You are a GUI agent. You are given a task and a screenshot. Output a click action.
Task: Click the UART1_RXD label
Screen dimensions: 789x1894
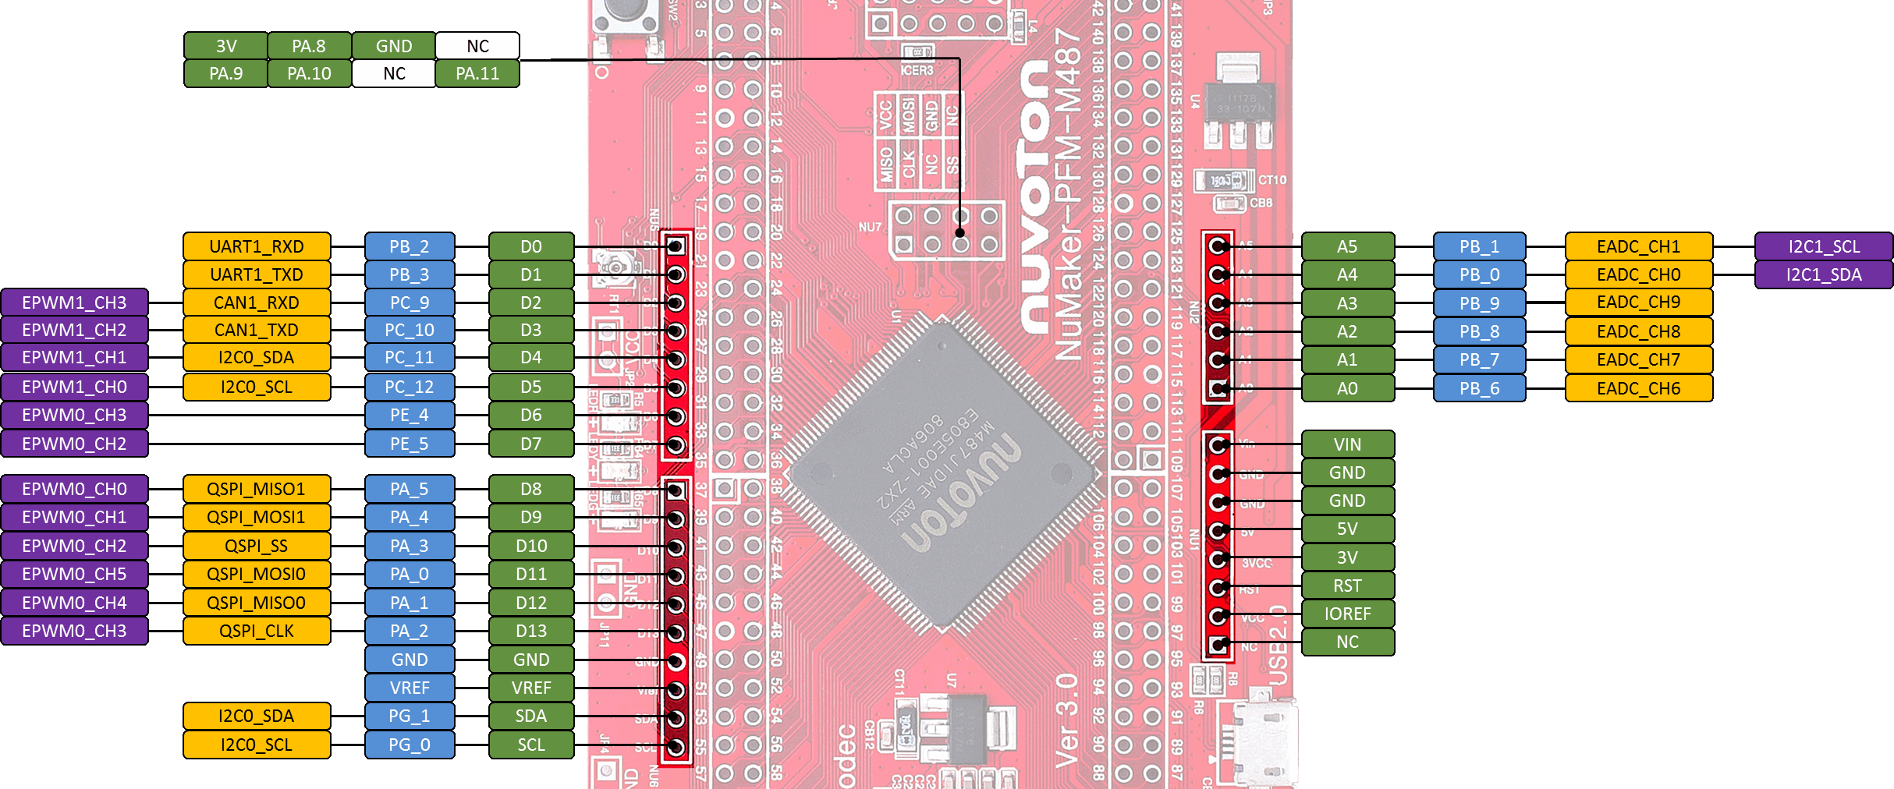[257, 246]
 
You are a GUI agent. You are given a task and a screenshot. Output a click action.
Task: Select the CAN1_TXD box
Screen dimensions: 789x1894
[257, 330]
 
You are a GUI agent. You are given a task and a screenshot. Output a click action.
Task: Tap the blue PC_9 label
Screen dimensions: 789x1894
[410, 303]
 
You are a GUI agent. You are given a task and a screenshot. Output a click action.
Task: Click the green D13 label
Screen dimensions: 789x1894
[531, 631]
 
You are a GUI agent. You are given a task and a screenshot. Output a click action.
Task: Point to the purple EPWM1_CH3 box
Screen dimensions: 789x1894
[74, 303]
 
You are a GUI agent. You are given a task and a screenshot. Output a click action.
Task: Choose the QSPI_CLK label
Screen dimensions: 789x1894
[257, 631]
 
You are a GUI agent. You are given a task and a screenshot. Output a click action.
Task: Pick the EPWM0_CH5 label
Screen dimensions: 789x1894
[74, 574]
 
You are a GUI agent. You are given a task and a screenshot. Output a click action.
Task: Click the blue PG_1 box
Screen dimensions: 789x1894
[410, 716]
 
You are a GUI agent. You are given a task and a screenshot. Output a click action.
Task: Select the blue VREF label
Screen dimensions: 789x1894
[410, 688]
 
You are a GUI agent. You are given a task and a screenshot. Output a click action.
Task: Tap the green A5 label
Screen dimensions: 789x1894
[1347, 246]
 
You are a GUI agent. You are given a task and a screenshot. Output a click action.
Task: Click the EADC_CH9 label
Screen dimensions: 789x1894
[1638, 303]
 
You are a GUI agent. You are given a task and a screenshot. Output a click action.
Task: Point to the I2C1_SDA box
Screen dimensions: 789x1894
[1823, 274]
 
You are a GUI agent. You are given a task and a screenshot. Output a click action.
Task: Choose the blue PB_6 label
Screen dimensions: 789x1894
[1479, 388]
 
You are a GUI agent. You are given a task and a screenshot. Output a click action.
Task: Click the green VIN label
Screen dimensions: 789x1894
[1347, 444]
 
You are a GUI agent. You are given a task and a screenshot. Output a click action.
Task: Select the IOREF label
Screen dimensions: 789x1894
[1347, 614]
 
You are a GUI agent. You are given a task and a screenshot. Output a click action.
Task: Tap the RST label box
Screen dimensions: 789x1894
[1347, 586]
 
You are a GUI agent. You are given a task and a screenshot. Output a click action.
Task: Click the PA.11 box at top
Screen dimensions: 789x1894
[477, 73]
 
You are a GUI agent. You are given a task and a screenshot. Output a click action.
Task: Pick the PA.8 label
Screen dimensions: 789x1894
[309, 46]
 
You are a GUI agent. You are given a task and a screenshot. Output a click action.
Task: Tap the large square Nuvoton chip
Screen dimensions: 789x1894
[944, 472]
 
